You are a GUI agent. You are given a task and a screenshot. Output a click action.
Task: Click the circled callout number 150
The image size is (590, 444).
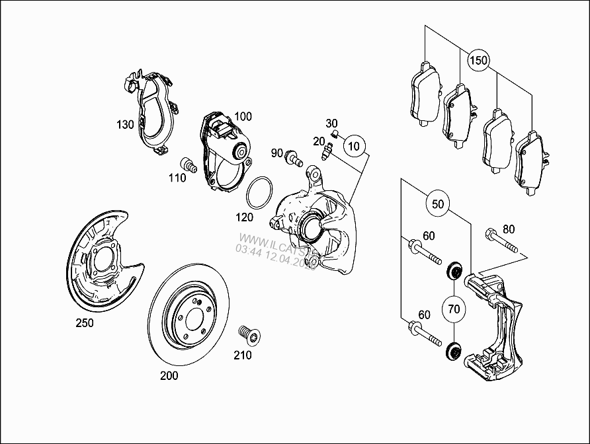(478, 61)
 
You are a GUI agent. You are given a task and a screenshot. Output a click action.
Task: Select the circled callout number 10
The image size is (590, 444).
(355, 145)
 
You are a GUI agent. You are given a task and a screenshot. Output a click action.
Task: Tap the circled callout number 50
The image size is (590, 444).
(438, 203)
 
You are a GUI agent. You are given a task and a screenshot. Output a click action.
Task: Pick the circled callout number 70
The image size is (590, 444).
(454, 308)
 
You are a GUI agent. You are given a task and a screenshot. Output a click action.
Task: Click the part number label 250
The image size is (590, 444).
(85, 323)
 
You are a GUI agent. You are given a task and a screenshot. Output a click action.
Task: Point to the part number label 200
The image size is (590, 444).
(169, 376)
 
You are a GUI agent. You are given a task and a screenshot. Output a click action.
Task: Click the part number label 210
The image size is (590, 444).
(243, 355)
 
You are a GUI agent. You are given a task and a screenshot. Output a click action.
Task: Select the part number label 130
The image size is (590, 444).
(126, 124)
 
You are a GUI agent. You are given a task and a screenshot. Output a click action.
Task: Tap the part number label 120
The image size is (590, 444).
(245, 216)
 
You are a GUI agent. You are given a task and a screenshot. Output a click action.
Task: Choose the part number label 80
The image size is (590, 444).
(508, 229)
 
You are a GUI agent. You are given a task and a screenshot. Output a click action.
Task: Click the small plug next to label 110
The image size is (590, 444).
(188, 165)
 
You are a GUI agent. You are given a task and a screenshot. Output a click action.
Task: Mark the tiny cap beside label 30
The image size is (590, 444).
(335, 135)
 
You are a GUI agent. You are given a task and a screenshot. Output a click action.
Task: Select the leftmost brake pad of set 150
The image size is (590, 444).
(425, 94)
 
